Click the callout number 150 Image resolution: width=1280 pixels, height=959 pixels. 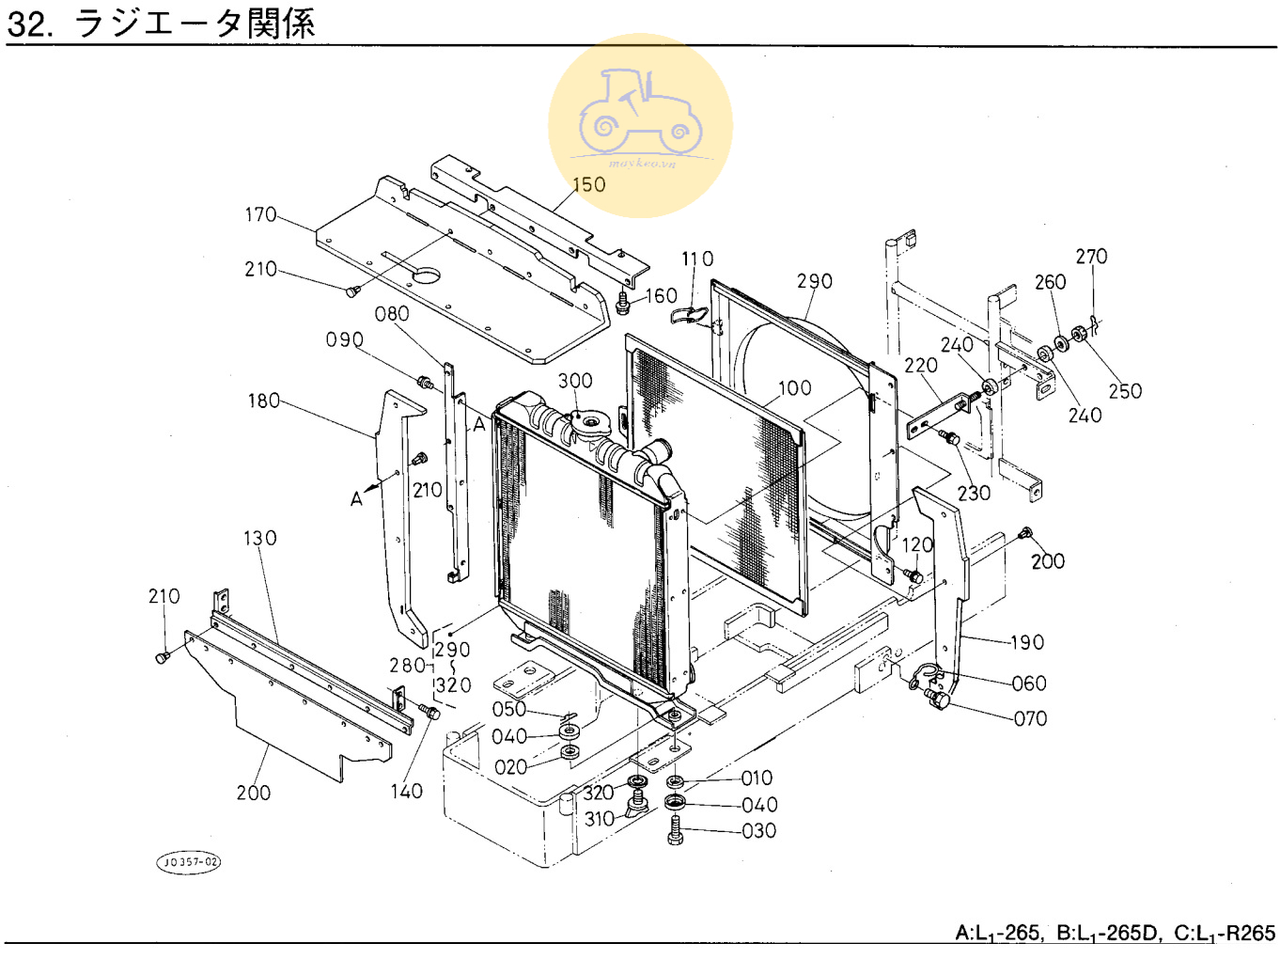588,185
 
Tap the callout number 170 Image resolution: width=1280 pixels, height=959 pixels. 260,215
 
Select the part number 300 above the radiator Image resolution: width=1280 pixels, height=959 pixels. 575,381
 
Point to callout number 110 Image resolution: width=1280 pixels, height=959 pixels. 697,259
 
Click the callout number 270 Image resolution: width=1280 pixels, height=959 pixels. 1091,257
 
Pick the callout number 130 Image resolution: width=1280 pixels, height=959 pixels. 260,539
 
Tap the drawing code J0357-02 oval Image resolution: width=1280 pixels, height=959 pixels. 188,861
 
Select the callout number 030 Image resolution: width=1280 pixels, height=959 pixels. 758,831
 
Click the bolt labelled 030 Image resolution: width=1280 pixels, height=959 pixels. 675,830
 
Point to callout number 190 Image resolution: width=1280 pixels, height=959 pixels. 1027,643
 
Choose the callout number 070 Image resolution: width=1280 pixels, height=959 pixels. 1030,719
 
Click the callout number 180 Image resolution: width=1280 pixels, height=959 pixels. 264,401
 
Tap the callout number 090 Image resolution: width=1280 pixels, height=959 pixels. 345,340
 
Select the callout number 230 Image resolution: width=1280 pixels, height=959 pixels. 974,494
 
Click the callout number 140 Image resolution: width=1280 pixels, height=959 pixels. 407,792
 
